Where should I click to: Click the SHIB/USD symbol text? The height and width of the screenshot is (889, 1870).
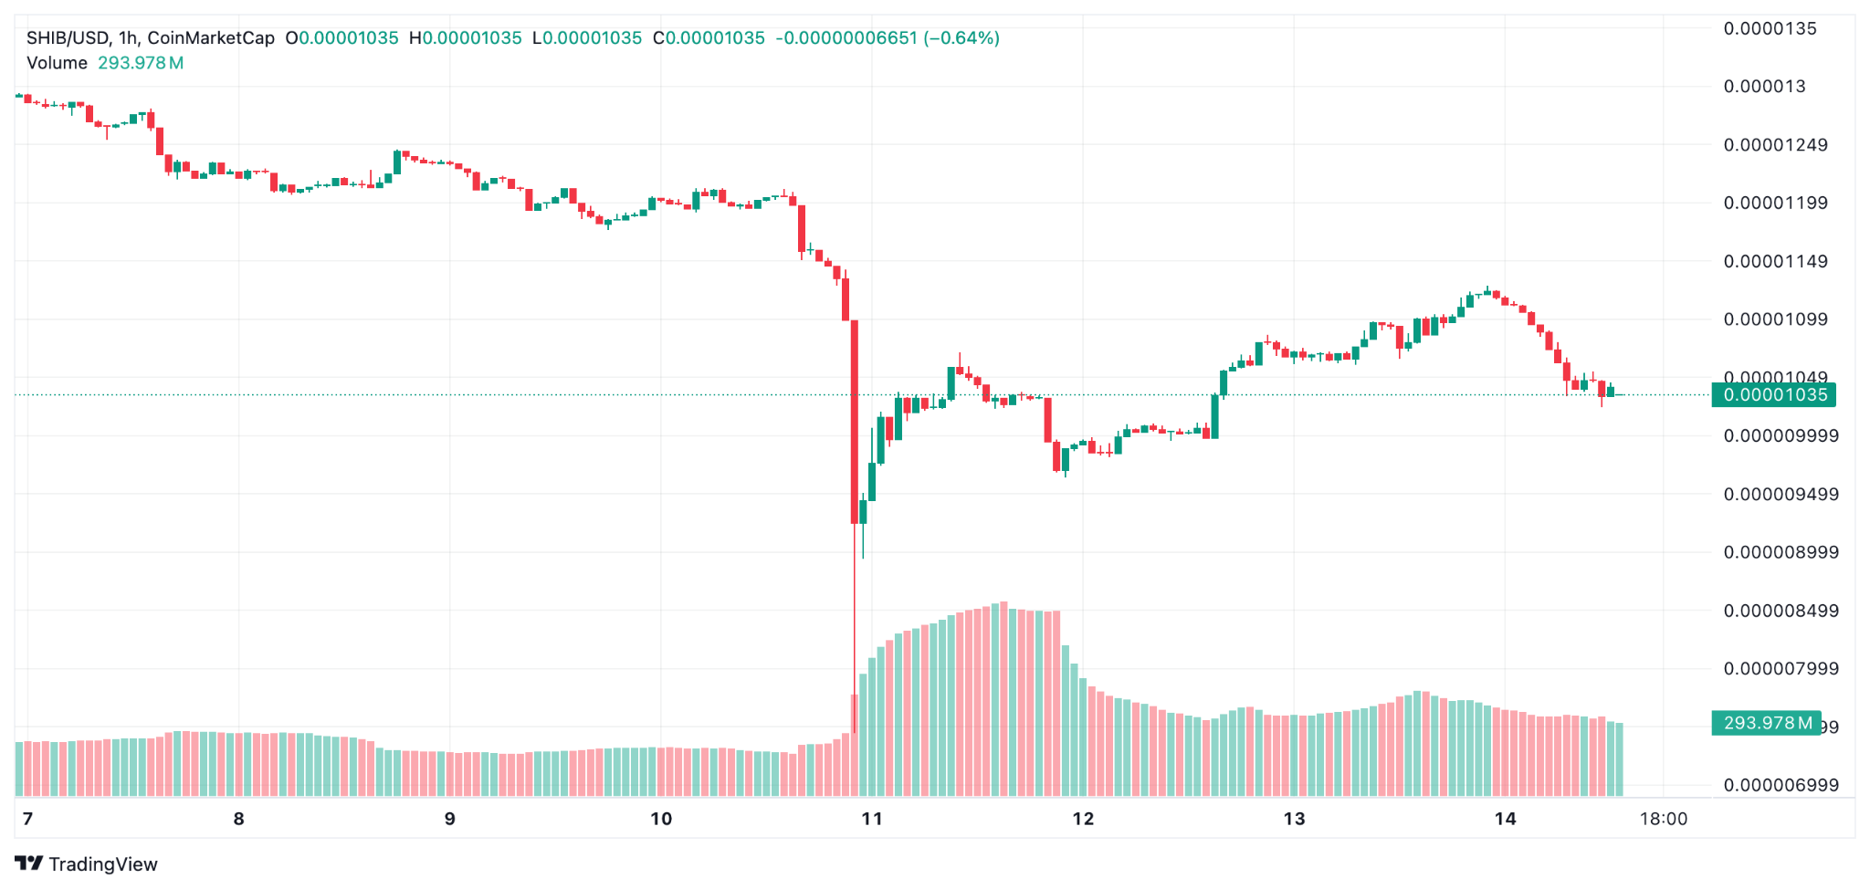[x=68, y=38]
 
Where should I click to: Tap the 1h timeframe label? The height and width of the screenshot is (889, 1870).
[x=128, y=38]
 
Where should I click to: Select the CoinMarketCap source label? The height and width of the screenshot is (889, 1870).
[x=211, y=38]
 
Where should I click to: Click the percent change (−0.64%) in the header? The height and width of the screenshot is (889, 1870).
[x=961, y=38]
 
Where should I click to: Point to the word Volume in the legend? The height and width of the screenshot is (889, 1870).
[x=57, y=63]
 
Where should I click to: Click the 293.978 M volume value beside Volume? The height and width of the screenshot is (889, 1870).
[x=141, y=63]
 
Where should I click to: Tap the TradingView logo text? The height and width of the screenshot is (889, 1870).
[x=102, y=864]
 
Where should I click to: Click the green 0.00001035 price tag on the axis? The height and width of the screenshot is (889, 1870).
[x=1774, y=395]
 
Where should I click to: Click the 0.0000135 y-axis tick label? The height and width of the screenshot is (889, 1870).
[x=1770, y=28]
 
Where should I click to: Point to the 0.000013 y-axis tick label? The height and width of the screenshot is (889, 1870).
[x=1764, y=87]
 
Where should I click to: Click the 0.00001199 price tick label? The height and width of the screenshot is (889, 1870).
[x=1775, y=203]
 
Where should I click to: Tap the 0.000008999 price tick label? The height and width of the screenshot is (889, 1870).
[x=1781, y=552]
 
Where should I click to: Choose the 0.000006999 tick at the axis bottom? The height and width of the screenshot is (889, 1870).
[x=1781, y=785]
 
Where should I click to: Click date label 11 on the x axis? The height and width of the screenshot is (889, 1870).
[x=872, y=819]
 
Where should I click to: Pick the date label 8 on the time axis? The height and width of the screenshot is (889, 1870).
[x=239, y=819]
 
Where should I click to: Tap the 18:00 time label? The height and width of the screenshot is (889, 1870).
[x=1664, y=819]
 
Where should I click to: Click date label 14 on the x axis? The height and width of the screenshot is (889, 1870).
[x=1506, y=819]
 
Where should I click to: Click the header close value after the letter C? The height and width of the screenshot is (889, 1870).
[x=715, y=38]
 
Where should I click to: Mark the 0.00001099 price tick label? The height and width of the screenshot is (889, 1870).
[x=1775, y=319]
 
